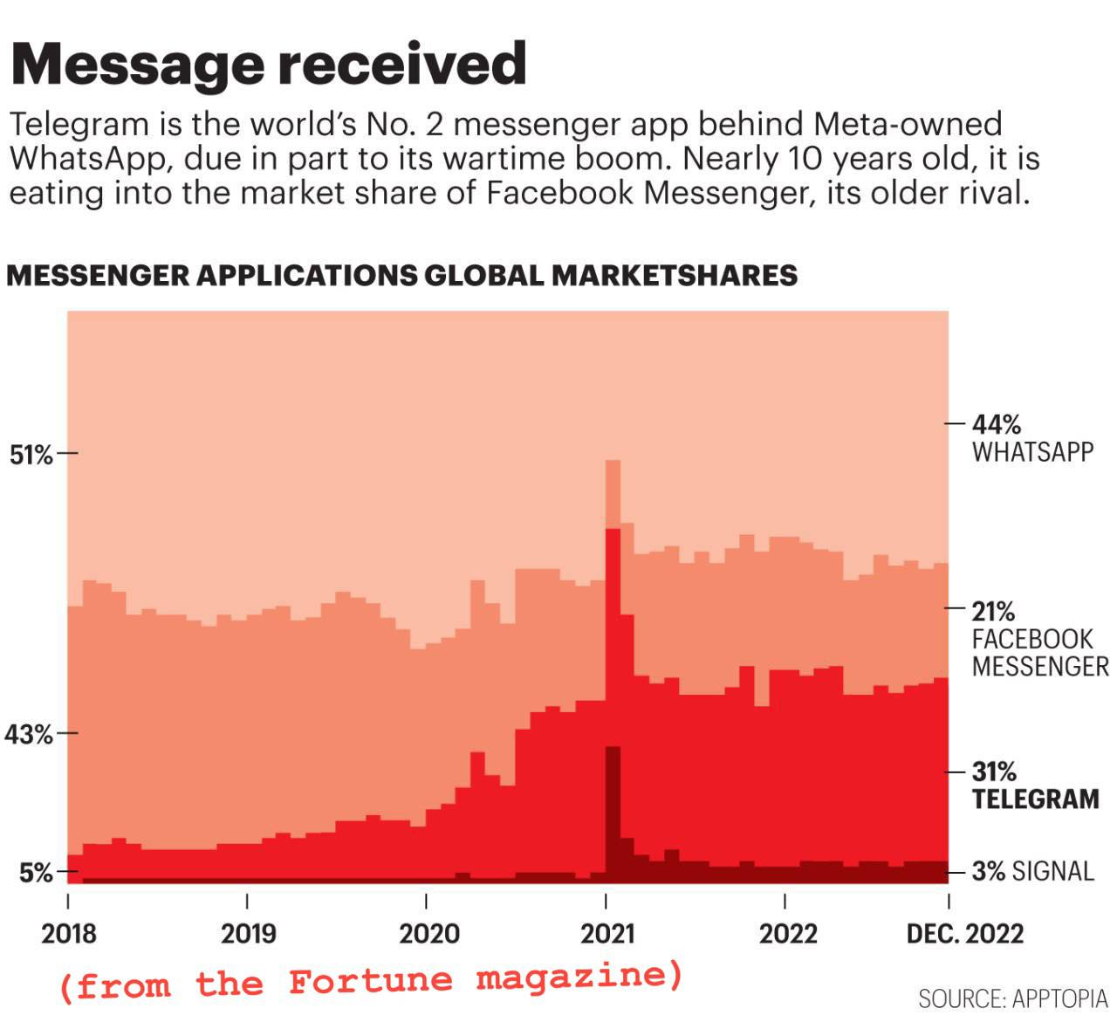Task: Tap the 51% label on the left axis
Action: pos(31,455)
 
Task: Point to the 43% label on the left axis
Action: pos(29,735)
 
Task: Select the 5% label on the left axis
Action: pos(36,873)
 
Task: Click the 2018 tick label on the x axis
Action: pos(69,934)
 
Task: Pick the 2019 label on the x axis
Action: pos(248,934)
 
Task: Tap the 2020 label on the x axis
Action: pos(428,934)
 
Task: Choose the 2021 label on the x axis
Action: pos(607,934)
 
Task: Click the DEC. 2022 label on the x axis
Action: pos(964,934)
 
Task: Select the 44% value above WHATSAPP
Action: pos(997,425)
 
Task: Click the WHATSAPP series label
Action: pos(1032,452)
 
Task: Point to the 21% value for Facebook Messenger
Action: pos(993,611)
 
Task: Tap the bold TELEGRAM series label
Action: pos(1035,799)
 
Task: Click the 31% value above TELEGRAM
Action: pos(994,772)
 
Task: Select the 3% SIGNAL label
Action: pos(1033,871)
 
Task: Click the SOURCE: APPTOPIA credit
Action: pos(1012,998)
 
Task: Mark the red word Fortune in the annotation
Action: pos(371,981)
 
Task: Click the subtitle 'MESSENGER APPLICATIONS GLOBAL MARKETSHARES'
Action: pos(401,275)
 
